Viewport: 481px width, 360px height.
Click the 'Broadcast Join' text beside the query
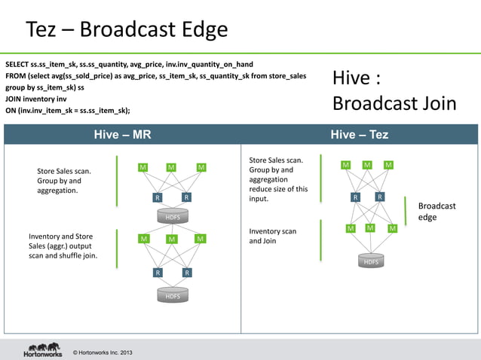(x=394, y=103)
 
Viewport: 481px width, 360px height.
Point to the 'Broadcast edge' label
(x=437, y=212)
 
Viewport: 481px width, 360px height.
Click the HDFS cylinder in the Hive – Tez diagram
(x=371, y=261)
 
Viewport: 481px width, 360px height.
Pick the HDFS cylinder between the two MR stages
(x=173, y=216)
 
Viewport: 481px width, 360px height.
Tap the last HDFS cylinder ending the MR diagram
(x=173, y=296)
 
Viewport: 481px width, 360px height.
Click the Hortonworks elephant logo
(x=42, y=349)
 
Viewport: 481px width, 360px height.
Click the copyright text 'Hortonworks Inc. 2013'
(x=103, y=352)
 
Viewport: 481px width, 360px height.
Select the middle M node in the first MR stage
(x=172, y=167)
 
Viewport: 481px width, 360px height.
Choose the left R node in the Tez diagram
(x=356, y=197)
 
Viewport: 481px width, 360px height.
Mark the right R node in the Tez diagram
(x=380, y=197)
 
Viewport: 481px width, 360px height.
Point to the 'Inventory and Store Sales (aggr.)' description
(x=63, y=246)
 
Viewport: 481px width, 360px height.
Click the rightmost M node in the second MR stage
(x=200, y=239)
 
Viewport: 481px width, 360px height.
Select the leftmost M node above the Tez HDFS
(x=351, y=228)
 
